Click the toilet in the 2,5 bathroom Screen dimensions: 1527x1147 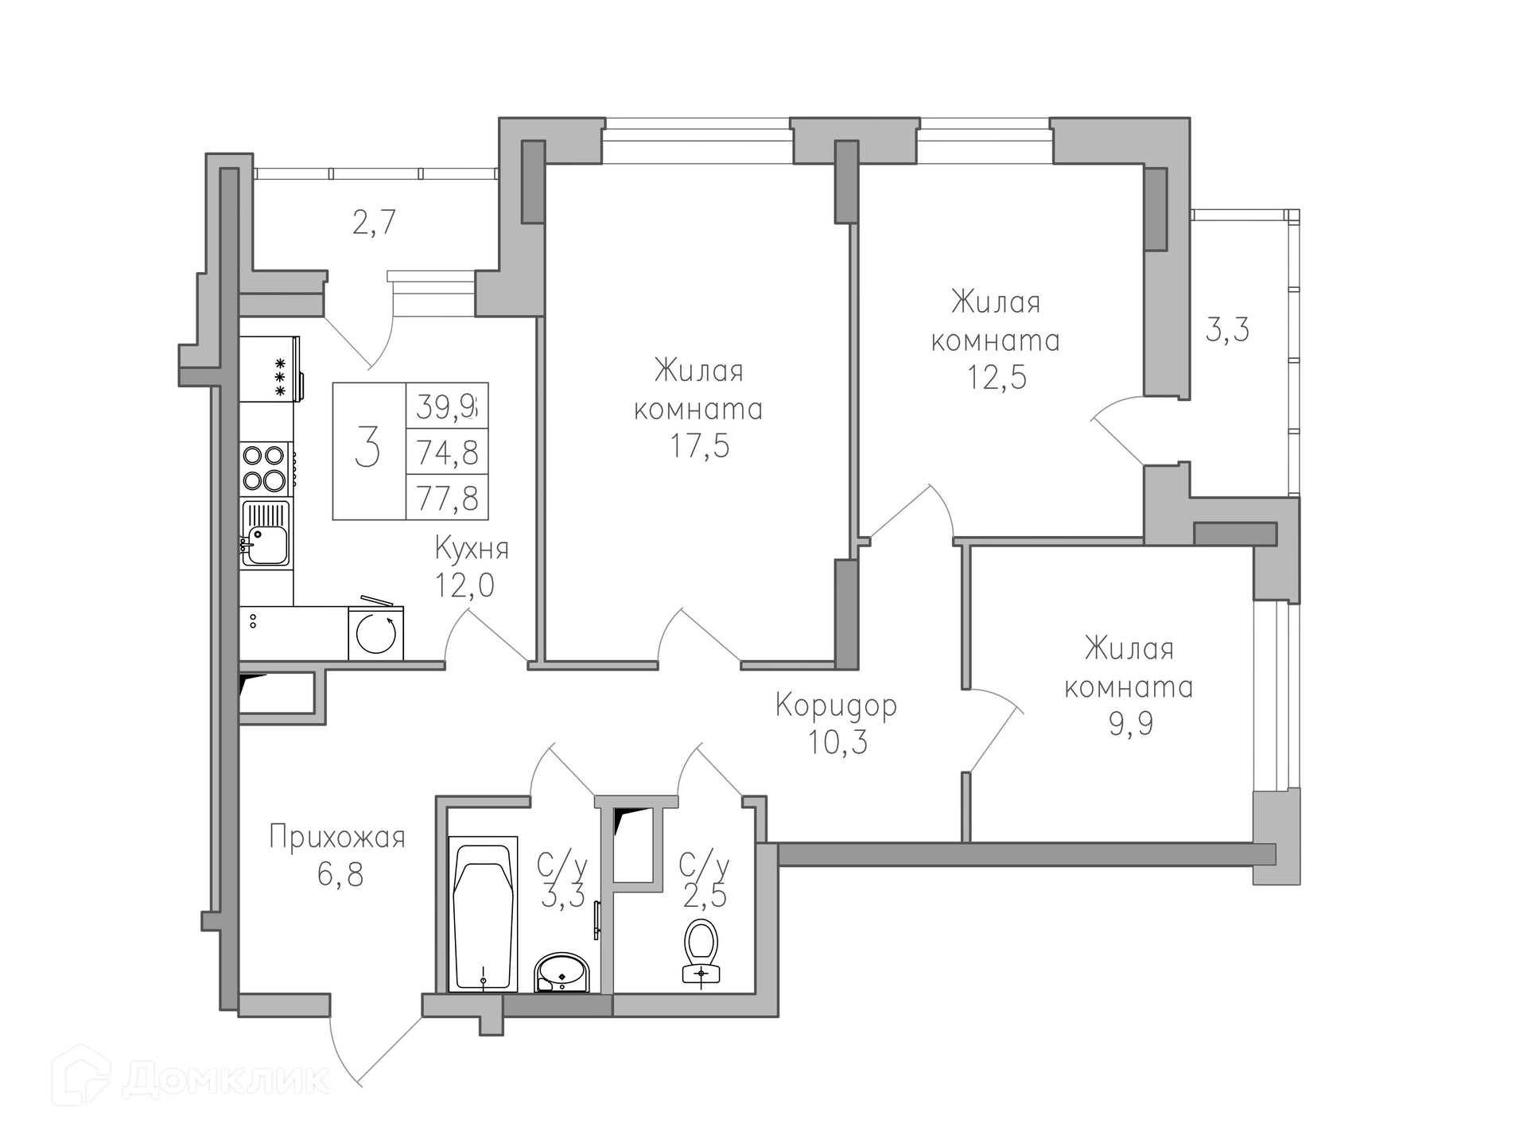[701, 952]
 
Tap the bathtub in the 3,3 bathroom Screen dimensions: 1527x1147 [483, 913]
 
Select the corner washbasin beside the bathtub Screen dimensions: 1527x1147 [561, 972]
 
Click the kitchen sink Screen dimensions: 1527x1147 [266, 533]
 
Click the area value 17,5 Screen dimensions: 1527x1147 [699, 446]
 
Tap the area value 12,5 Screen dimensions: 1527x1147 [997, 377]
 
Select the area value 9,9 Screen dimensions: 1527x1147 [1131, 724]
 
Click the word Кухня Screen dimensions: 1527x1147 [472, 549]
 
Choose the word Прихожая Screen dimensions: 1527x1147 [337, 838]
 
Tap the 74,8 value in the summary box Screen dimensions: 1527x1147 [448, 453]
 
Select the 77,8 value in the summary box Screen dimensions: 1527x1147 [448, 499]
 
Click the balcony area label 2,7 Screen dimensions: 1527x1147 [374, 222]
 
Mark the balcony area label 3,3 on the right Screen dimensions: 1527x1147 [1227, 329]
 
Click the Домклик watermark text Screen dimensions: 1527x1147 [227, 1079]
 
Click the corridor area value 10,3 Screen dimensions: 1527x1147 [838, 742]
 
